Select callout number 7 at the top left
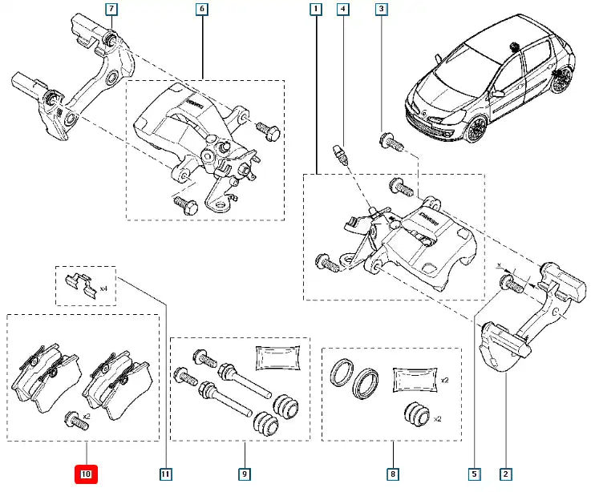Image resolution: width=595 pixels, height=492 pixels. (x=111, y=10)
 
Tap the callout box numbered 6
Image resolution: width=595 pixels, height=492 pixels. (x=201, y=10)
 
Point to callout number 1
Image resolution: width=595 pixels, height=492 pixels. (x=316, y=10)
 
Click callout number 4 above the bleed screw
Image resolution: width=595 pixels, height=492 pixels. (x=343, y=10)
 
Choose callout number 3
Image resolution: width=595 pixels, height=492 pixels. (x=382, y=10)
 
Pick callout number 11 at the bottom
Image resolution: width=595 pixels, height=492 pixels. (x=164, y=474)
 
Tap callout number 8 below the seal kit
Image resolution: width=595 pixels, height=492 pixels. (x=392, y=474)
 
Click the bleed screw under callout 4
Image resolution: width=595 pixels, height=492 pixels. (x=340, y=151)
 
